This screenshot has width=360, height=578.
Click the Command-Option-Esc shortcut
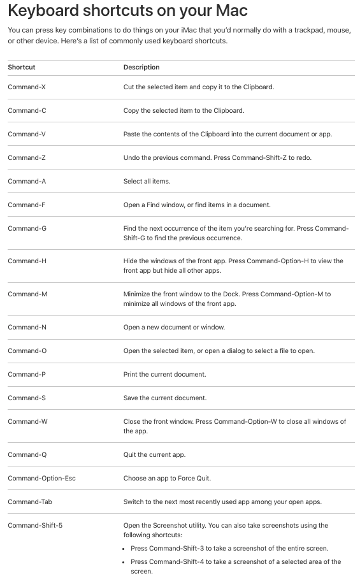pos(41,478)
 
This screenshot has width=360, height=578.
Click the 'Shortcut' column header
pos(22,67)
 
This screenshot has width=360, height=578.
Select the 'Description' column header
pos(141,67)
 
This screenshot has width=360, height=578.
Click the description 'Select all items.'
pos(147,181)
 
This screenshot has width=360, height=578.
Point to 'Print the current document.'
pos(164,374)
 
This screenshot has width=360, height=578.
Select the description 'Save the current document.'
pos(165,398)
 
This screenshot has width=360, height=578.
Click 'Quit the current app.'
pos(154,454)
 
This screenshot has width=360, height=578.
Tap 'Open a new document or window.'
pos(174,327)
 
